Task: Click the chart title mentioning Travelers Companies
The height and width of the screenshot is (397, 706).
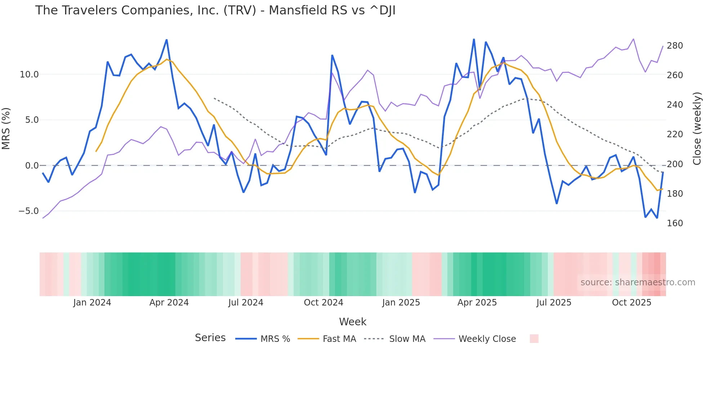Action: [215, 10]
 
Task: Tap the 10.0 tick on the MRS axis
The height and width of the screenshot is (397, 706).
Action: [29, 75]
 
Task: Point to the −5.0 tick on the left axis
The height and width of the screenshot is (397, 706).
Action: [28, 211]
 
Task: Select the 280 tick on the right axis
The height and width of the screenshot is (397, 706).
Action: [675, 46]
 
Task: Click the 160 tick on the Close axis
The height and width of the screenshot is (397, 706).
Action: [675, 223]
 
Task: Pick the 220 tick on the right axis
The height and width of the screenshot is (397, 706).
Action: [675, 134]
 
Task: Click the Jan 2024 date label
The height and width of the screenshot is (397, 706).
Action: [92, 303]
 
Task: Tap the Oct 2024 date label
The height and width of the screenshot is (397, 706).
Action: [323, 303]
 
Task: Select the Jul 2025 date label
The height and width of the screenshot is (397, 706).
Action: [554, 303]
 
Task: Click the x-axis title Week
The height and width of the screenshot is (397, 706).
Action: [353, 322]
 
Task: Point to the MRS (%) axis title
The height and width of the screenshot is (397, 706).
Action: [6, 128]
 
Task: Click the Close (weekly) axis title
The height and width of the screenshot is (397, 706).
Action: [697, 128]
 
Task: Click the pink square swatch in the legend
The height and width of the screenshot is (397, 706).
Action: [534, 339]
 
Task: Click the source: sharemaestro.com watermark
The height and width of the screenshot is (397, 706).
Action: [638, 282]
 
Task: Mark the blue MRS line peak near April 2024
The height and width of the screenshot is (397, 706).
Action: [166, 40]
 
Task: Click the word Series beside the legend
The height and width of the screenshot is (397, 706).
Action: [210, 338]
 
